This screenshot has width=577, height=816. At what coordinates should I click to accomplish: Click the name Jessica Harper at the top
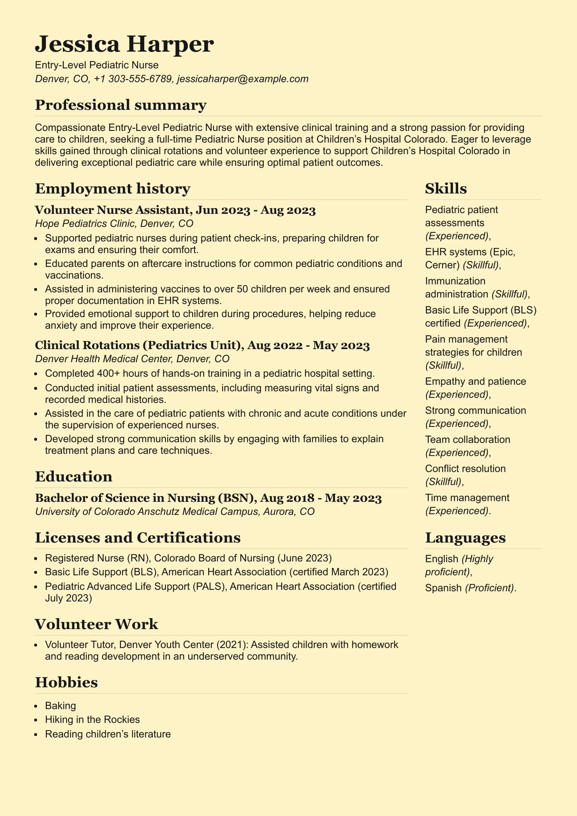pyautogui.click(x=124, y=44)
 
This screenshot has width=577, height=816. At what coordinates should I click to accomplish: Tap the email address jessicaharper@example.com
pyautogui.click(x=242, y=79)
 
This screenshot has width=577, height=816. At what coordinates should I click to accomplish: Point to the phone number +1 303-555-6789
pyautogui.click(x=133, y=79)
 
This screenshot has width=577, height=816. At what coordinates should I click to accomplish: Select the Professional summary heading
pyautogui.click(x=121, y=105)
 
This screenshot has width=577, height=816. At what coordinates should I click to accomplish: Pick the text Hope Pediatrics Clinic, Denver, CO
pyautogui.click(x=114, y=223)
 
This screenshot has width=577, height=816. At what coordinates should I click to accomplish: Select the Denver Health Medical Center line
pyautogui.click(x=132, y=359)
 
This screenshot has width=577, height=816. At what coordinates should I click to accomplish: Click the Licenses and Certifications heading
pyautogui.click(x=138, y=538)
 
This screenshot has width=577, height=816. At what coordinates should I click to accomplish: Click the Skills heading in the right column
pyautogui.click(x=446, y=189)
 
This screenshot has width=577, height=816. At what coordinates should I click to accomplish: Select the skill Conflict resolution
pyautogui.click(x=465, y=469)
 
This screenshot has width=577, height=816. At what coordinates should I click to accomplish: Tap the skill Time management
pyautogui.click(x=467, y=498)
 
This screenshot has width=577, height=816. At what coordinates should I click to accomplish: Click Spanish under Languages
pyautogui.click(x=443, y=588)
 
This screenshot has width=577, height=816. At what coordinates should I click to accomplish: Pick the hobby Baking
pyautogui.click(x=60, y=706)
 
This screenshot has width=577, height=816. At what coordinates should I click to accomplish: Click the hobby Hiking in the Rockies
pyautogui.click(x=92, y=720)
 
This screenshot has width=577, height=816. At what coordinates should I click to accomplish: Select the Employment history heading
pyautogui.click(x=112, y=189)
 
